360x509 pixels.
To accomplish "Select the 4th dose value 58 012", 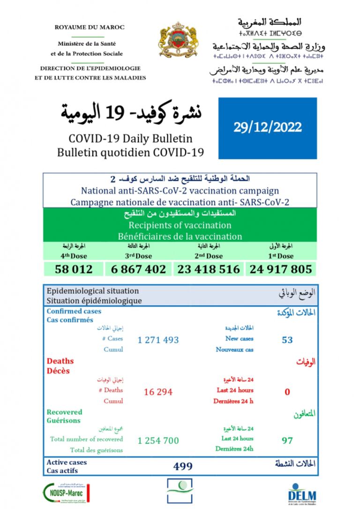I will [x=74, y=269].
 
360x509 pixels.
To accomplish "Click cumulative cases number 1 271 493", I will [x=158, y=340].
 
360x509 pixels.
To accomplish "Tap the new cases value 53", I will [x=287, y=340].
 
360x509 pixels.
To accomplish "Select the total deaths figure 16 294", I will [x=158, y=392].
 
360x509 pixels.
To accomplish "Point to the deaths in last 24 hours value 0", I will [x=287, y=392].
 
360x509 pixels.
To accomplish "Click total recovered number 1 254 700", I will [x=158, y=441].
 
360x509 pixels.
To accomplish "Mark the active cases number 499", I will [x=183, y=466].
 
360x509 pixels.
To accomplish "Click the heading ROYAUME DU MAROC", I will [x=90, y=28].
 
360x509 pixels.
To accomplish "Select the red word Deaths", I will [x=60, y=361].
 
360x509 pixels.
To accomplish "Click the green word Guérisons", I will [x=63, y=420].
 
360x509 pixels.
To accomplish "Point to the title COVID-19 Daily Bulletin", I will [x=130, y=139].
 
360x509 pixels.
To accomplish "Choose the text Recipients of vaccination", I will [x=180, y=225].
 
